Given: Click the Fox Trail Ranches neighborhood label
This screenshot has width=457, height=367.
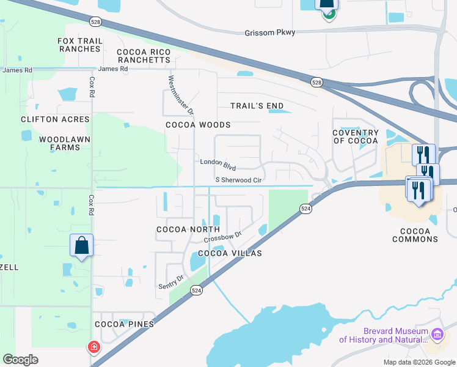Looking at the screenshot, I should pyautogui.click(x=79, y=45).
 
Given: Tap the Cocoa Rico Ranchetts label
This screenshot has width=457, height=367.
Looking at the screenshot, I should pyautogui.click(x=144, y=56).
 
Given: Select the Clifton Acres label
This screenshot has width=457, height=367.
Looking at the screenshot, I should pyautogui.click(x=55, y=119).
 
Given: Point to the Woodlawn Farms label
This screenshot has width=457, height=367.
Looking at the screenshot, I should pyautogui.click(x=60, y=143).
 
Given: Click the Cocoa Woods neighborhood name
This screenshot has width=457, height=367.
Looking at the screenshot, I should pyautogui.click(x=198, y=125).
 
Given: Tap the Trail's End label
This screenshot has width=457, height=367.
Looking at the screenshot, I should pyautogui.click(x=257, y=106).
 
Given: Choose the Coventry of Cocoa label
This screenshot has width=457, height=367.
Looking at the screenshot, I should pyautogui.click(x=356, y=137).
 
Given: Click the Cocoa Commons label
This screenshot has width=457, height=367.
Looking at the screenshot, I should pyautogui.click(x=419, y=235).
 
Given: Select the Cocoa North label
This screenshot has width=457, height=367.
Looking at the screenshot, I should pyautogui.click(x=179, y=229).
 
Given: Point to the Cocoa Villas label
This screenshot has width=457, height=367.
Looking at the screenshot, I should pyautogui.click(x=229, y=253).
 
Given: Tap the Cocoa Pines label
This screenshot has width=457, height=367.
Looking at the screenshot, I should pyautogui.click(x=123, y=324).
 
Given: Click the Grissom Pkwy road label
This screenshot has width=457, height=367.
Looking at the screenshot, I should pyautogui.click(x=269, y=33).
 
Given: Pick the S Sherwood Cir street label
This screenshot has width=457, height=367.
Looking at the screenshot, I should pyautogui.click(x=238, y=180).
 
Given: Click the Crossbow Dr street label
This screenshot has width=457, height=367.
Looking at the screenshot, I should pyautogui.click(x=223, y=235).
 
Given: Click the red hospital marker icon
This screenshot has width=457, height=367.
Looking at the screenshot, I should pyautogui.click(x=93, y=347).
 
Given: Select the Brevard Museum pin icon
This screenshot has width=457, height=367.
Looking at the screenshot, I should pyautogui.click(x=437, y=334).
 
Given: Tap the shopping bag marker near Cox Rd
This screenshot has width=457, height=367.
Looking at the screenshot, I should pyautogui.click(x=81, y=246).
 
